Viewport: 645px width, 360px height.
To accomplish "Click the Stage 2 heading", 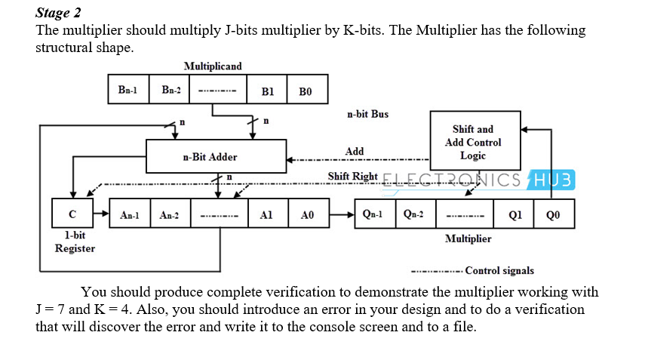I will pyautogui.click(x=59, y=13).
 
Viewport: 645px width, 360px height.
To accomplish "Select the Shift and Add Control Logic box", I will pyautogui.click(x=475, y=142).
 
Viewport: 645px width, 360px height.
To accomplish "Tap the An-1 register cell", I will pyautogui.click(x=130, y=214).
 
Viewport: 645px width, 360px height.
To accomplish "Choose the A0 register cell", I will pyautogui.click(x=307, y=214).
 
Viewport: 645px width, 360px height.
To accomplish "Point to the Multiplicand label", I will pyautogui.click(x=213, y=66).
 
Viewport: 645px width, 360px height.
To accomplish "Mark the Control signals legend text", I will pyautogui.click(x=499, y=270).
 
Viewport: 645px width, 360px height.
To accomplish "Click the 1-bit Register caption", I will pyautogui.click(x=75, y=242).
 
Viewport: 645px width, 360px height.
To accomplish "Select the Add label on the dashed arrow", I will pyautogui.click(x=354, y=152).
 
